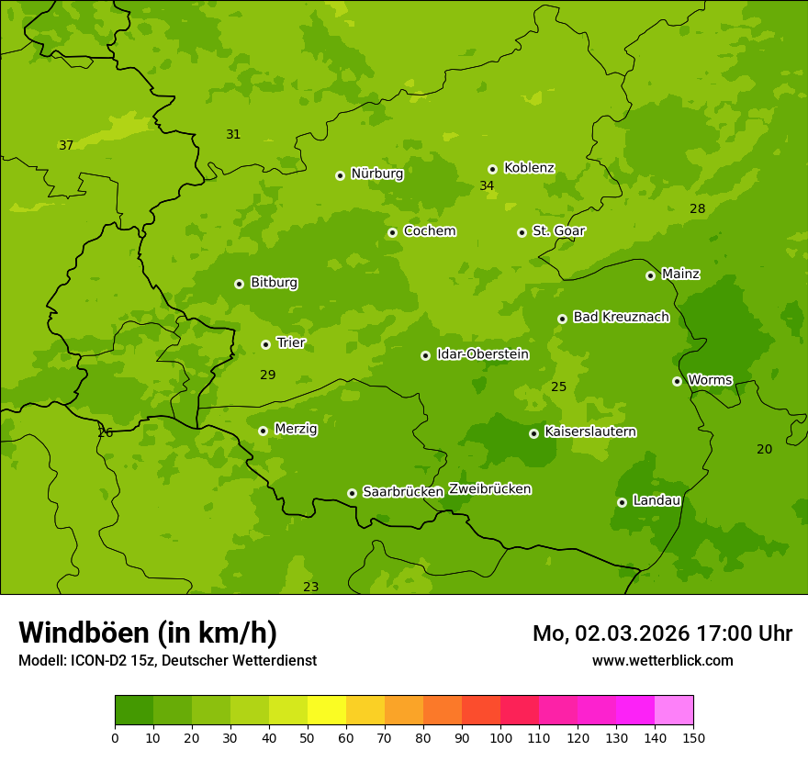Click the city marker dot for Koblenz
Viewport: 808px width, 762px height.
(492, 169)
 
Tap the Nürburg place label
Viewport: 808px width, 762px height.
(376, 174)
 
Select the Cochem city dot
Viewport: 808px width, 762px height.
(392, 232)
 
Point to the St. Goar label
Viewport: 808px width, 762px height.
(558, 230)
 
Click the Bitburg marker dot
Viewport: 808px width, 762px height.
(239, 284)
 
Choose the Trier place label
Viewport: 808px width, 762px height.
(291, 342)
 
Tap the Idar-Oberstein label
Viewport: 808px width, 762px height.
(482, 353)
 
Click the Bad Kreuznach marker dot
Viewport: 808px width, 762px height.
(562, 319)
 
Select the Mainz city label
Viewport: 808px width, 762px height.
(680, 274)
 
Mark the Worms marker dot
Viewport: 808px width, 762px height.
(677, 381)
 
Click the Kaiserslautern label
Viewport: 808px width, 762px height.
(590, 431)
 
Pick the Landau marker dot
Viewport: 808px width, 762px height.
(622, 502)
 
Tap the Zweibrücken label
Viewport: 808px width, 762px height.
(489, 489)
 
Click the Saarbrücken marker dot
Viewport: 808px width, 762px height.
(352, 493)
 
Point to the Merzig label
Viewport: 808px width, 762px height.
(296, 429)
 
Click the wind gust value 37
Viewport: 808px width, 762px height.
(66, 145)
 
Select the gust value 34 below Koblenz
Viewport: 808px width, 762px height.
(487, 186)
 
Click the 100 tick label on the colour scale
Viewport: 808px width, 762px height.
(500, 737)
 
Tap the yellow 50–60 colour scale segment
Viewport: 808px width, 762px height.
(327, 711)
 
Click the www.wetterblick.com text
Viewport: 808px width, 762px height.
(662, 660)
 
